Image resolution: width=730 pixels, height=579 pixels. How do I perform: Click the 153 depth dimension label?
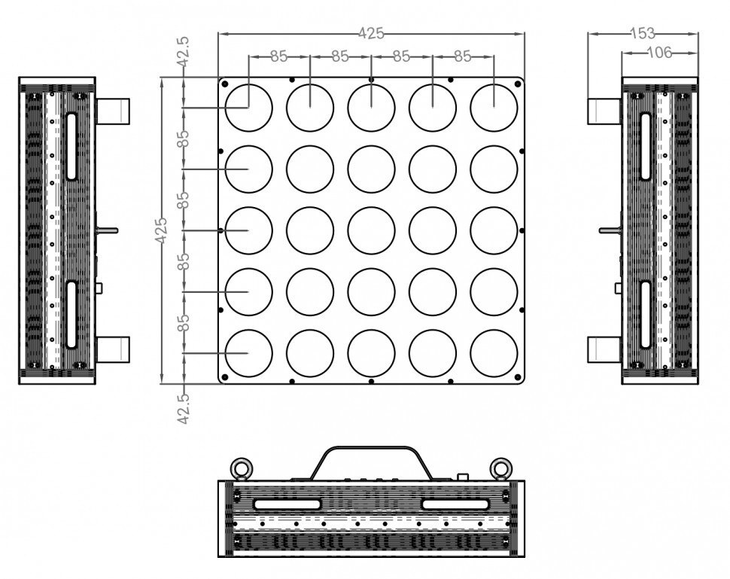point(643,33)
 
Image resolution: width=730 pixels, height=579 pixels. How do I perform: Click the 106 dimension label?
point(660,53)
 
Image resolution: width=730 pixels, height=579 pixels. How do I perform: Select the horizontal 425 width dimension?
point(371,33)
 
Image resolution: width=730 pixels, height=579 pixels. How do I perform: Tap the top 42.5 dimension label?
point(184,52)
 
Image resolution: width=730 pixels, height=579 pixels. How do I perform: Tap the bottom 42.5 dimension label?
point(184,409)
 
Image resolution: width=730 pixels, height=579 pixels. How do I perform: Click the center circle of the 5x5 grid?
point(371,230)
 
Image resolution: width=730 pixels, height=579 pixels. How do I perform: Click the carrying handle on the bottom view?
point(371,448)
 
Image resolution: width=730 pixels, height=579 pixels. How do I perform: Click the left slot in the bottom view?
point(287,504)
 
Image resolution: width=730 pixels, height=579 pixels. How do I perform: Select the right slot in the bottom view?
point(455,504)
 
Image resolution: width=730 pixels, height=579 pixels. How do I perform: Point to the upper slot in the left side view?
point(71,146)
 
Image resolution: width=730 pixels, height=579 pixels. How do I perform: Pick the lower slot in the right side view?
point(645,315)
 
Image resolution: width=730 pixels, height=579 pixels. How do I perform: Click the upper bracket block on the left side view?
point(113,111)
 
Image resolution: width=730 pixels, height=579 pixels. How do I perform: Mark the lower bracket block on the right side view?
point(605,349)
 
